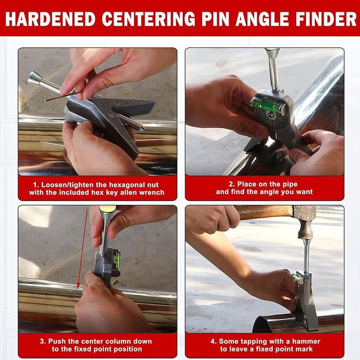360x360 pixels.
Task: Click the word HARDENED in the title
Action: click(x=50, y=19)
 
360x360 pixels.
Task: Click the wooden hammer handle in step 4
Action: click(x=265, y=211)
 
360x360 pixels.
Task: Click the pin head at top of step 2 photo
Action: click(x=272, y=53)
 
